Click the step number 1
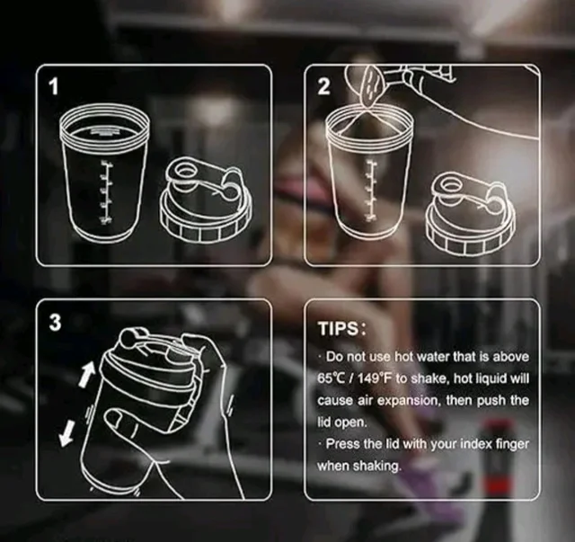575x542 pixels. [x=54, y=87]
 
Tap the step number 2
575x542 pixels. [x=323, y=87]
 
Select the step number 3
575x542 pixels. [x=55, y=323]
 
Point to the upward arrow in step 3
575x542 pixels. [x=87, y=374]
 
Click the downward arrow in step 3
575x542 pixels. [x=67, y=433]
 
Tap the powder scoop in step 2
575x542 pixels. [x=371, y=85]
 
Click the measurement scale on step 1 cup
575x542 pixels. [x=106, y=192]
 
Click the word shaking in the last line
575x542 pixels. [x=377, y=466]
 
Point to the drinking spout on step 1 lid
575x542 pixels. [x=183, y=172]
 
